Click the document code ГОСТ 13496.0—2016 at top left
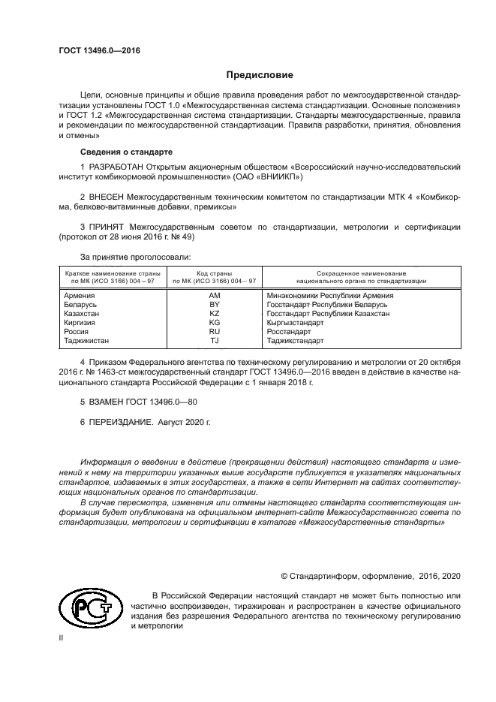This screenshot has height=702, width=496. tap(99, 51)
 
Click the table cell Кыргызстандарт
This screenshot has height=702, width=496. tap(296, 323)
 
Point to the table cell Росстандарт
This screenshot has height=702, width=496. tap(289, 332)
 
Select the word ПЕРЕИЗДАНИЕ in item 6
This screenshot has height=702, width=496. tap(121, 423)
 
